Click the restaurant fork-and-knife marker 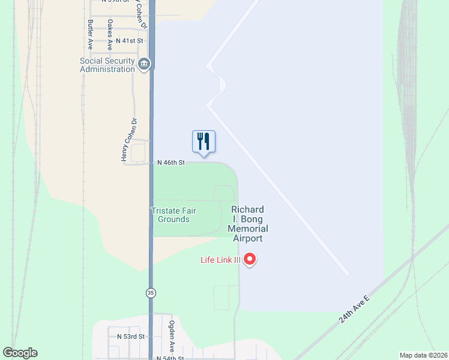pos(203,142)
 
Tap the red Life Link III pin pos(250,260)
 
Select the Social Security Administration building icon pos(143,65)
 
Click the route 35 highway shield pos(150,293)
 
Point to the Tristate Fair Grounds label pos(174,215)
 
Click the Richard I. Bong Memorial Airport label pos(247,224)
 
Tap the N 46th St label pos(171,163)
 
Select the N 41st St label pos(131,41)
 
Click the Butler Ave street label pos(90,34)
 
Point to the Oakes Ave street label pos(110,34)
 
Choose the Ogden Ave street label pos(172,336)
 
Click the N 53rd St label pos(131,337)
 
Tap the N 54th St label pos(170,358)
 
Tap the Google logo pos(20,353)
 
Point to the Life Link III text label pos(220,260)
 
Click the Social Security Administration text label pos(107,65)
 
